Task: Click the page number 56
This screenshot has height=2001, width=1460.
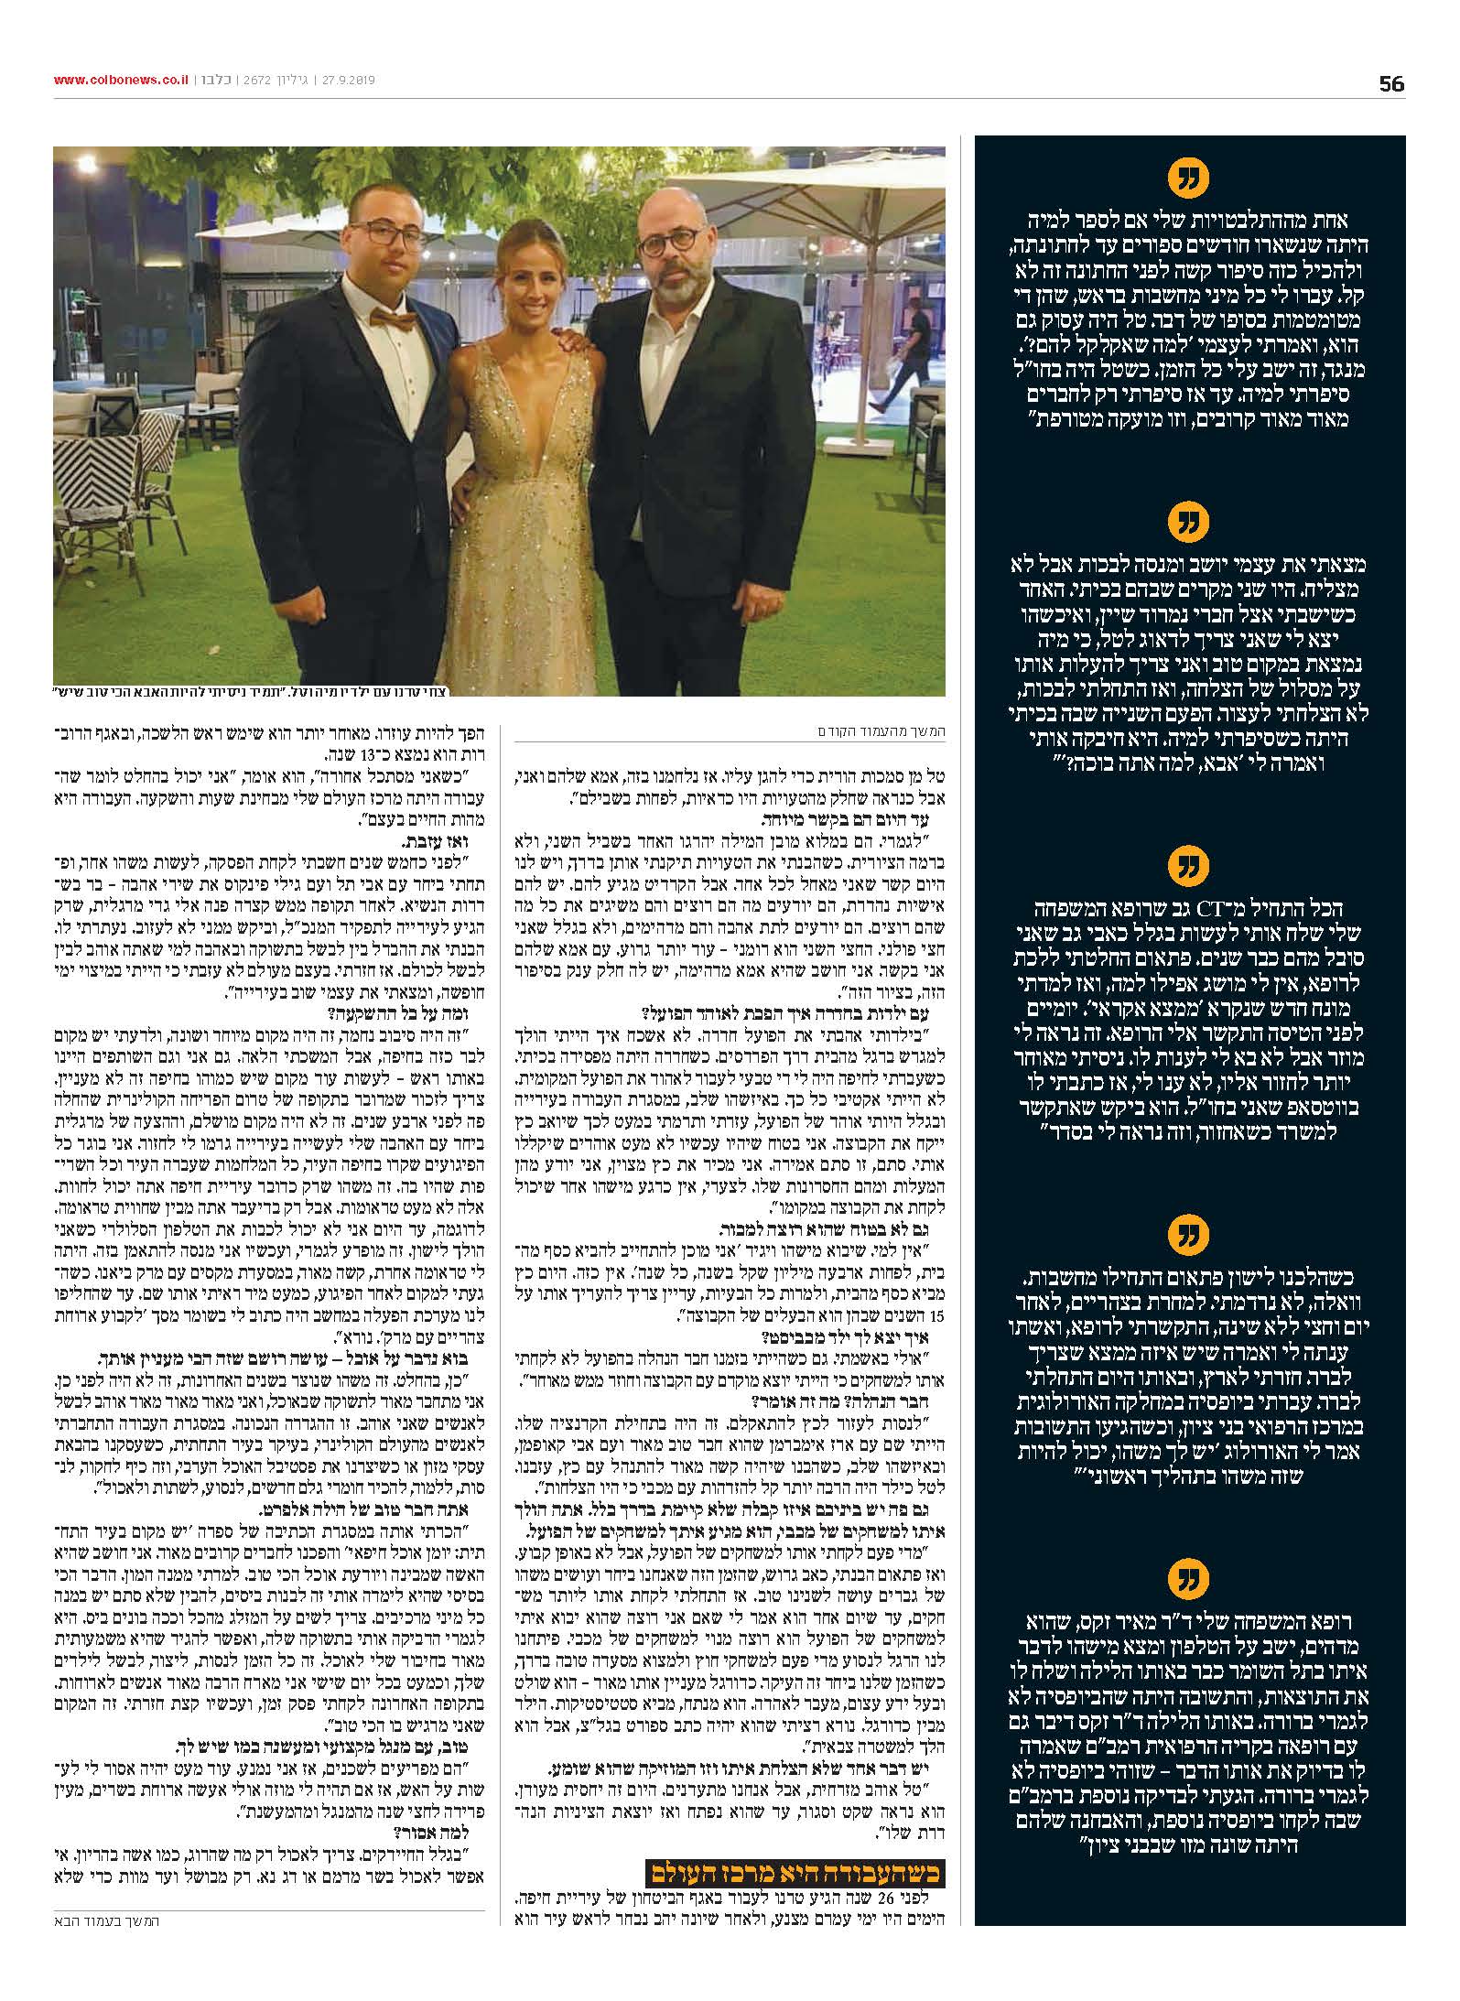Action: click(x=1390, y=84)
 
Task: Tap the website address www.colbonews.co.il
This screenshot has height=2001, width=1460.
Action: click(x=121, y=80)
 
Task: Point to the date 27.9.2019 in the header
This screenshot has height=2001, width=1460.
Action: click(x=346, y=80)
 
